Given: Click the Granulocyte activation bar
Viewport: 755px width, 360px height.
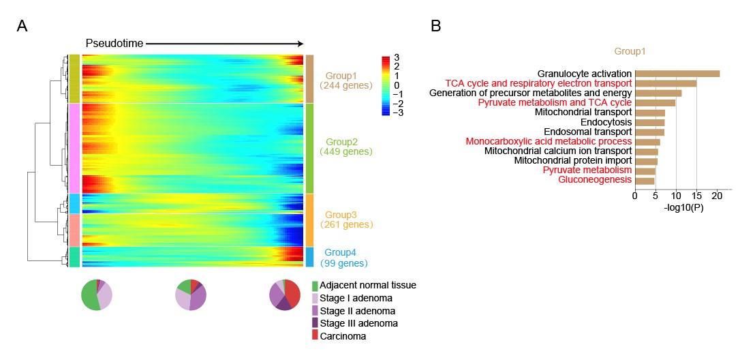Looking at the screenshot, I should (x=677, y=74).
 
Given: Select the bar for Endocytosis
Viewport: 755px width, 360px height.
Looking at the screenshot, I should (x=649, y=123).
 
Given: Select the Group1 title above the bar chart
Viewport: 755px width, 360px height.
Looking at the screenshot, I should (x=630, y=50).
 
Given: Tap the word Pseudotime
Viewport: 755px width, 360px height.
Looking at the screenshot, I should (x=114, y=43).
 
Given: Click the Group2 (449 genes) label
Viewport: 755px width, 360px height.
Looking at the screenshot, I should (x=345, y=147).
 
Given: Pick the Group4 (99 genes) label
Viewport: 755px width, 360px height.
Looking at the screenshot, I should (x=345, y=258).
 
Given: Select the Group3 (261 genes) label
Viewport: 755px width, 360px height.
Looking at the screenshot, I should (x=345, y=219).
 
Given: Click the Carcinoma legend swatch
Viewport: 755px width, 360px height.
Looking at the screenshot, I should (x=315, y=335).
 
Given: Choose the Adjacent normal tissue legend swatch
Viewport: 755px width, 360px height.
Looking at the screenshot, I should (x=315, y=285).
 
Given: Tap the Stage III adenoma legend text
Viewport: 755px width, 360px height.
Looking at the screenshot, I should (x=358, y=323).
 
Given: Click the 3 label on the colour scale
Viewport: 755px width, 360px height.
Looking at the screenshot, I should (x=397, y=58).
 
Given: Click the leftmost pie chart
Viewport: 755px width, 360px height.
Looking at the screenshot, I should (x=96, y=295).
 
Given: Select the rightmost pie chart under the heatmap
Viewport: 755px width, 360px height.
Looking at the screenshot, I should (x=285, y=295).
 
